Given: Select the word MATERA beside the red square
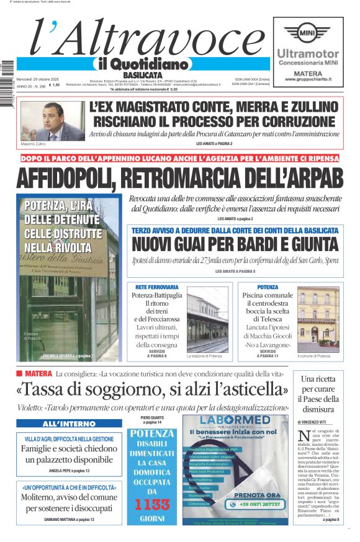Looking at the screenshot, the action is point(38,374).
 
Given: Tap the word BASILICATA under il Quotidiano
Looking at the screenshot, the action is point(139,74).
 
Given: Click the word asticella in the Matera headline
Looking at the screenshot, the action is point(244,389).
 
